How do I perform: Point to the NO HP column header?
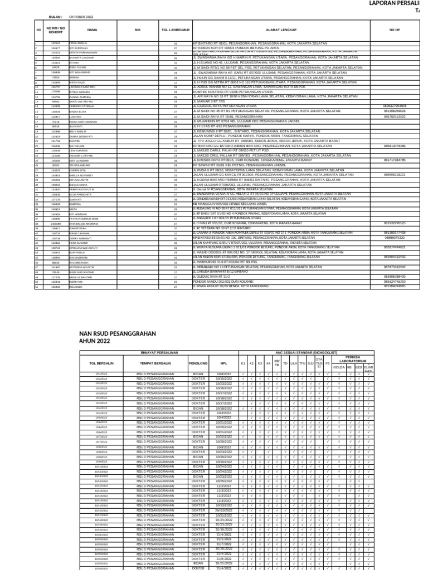[395, 30]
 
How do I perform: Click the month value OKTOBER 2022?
[81, 17]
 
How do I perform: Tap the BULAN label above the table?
[56, 17]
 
